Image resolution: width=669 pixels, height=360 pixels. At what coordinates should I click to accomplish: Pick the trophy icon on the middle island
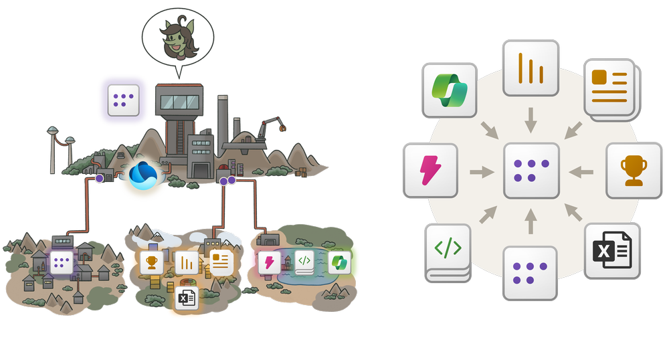tap(152, 262)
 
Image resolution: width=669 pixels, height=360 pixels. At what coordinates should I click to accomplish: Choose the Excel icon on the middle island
tap(187, 298)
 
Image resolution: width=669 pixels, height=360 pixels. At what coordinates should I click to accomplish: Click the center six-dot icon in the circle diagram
tap(531, 170)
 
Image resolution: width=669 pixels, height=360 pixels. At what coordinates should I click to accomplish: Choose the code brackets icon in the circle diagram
tap(448, 249)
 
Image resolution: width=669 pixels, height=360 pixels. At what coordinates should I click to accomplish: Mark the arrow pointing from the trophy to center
tap(583, 172)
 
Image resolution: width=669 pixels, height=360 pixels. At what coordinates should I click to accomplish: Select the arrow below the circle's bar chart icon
tap(531, 120)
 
